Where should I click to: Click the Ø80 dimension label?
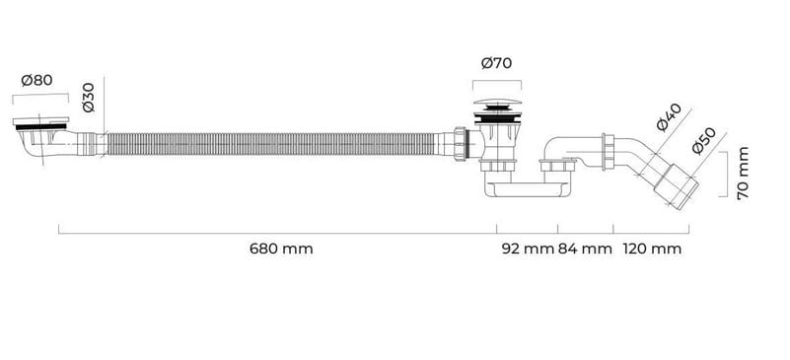(x=36, y=80)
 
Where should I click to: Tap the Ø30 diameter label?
(x=88, y=98)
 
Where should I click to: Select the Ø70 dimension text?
(x=496, y=63)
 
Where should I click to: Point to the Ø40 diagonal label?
(x=669, y=117)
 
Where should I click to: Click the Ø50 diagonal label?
(x=704, y=140)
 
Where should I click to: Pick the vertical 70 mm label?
(x=743, y=174)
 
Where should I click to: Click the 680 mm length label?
(x=281, y=249)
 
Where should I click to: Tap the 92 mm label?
(x=528, y=249)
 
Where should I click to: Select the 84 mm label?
(x=585, y=249)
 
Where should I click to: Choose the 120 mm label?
(x=653, y=249)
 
